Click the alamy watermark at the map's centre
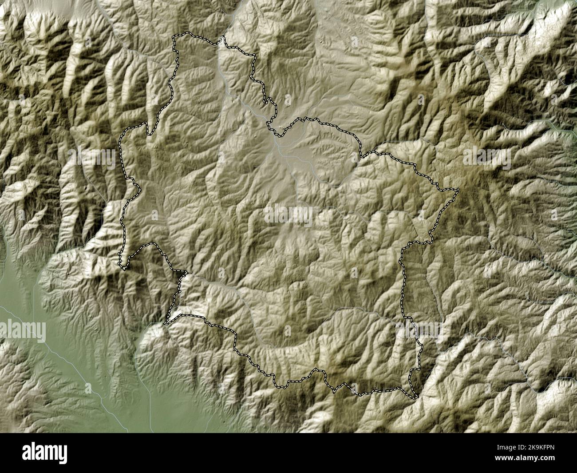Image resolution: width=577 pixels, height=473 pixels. (288, 215)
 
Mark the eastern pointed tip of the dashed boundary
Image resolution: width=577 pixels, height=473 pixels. (458, 190)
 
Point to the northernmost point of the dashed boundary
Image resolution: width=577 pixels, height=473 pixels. (189, 33)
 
